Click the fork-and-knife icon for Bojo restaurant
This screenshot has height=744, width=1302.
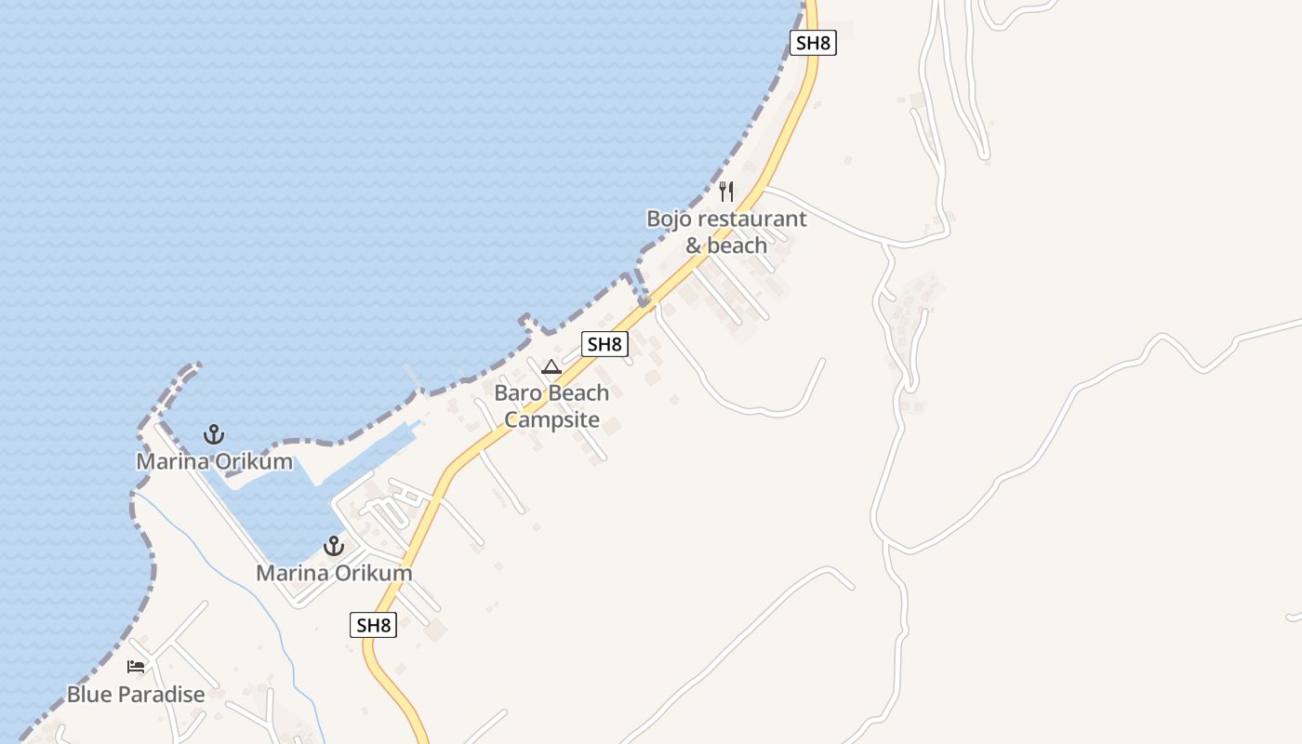pyautogui.click(x=726, y=192)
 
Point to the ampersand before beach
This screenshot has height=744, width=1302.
pyautogui.click(x=694, y=246)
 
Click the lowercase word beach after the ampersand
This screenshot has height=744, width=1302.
pyautogui.click(x=737, y=246)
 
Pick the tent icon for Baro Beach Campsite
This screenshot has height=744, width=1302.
pyautogui.click(x=551, y=366)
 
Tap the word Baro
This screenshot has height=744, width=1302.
pyautogui.click(x=515, y=393)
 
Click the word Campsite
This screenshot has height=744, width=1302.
pyautogui.click(x=551, y=419)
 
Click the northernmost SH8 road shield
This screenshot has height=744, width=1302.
pyautogui.click(x=813, y=43)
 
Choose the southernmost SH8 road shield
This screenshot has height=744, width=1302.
pyautogui.click(x=374, y=625)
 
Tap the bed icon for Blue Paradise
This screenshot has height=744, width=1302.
pyautogui.click(x=136, y=666)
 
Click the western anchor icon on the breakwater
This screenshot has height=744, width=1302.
pyautogui.click(x=214, y=434)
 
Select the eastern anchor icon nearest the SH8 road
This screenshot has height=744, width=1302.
pyautogui.click(x=333, y=546)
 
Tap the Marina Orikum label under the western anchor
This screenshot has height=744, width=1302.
pyautogui.click(x=214, y=462)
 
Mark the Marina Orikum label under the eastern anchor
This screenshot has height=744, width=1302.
pyautogui.click(x=334, y=573)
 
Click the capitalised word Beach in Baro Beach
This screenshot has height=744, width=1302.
pyautogui.click(x=577, y=393)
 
